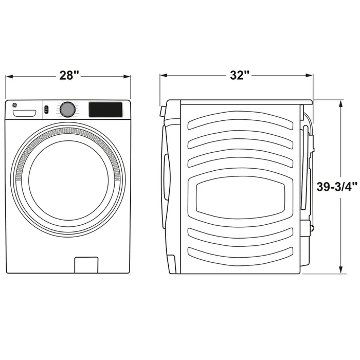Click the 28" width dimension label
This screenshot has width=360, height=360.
pos(69,75)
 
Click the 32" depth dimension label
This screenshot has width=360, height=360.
pos(240,75)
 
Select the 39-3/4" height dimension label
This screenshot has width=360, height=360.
pos(337,186)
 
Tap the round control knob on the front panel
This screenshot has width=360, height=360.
pos(67,110)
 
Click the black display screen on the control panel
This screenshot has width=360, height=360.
pos(105,110)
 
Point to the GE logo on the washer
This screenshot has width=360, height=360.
pos(14,105)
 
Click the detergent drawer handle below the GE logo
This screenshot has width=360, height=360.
pos(25,113)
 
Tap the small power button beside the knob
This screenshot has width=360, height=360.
pos(46,109)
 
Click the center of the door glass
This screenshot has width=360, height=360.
pos(68,181)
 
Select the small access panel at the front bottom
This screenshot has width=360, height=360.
pos(86,265)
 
